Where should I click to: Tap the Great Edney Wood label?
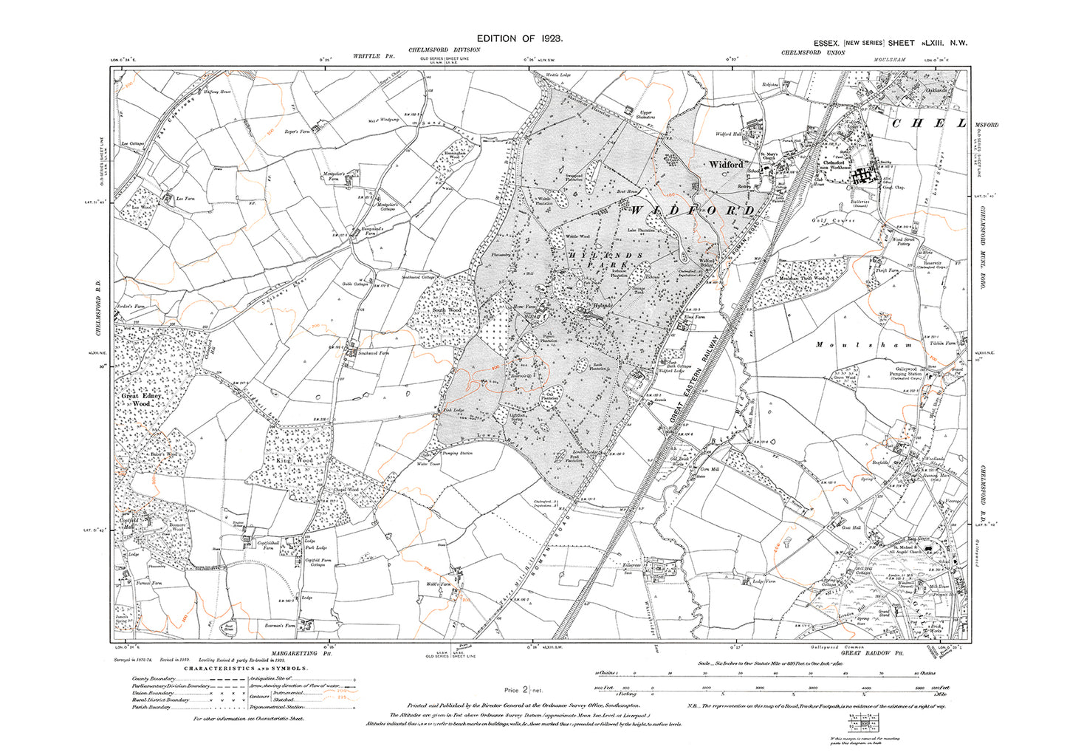pyautogui.click(x=140, y=400)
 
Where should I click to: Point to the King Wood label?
pyautogui.click(x=294, y=460)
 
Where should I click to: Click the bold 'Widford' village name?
pyautogui.click(x=726, y=165)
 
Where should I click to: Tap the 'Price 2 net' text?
pyautogui.click(x=524, y=689)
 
